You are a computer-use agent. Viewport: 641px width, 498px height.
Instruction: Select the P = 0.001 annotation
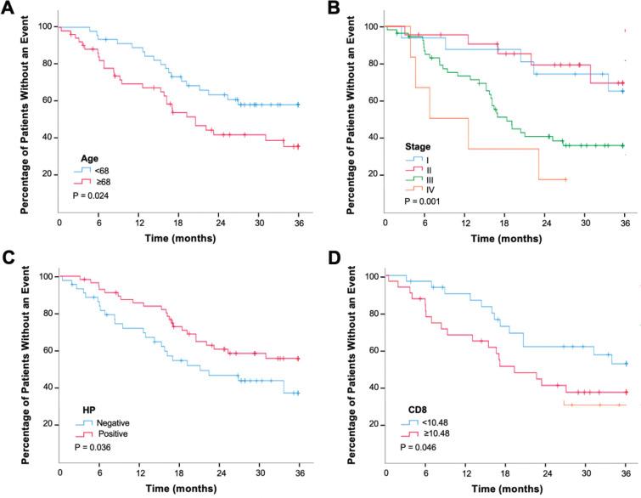(x=423, y=201)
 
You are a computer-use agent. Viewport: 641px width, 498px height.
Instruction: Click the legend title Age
(x=88, y=156)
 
